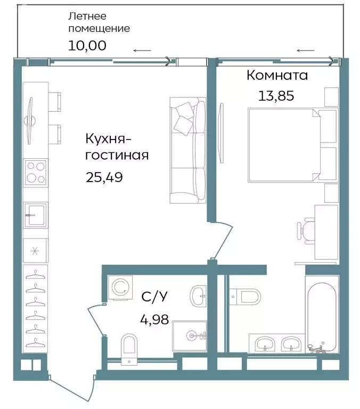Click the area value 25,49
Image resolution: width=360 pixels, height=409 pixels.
[x=104, y=177]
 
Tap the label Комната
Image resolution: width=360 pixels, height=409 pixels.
[x=277, y=75]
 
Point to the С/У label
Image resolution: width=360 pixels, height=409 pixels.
[x=152, y=297]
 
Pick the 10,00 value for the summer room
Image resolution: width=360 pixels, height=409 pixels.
[x=87, y=45]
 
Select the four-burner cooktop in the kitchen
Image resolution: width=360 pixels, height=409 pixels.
[x=36, y=172]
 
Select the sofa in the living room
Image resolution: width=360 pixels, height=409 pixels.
[x=188, y=150]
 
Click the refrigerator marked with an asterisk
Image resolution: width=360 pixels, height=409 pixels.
[x=36, y=250]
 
